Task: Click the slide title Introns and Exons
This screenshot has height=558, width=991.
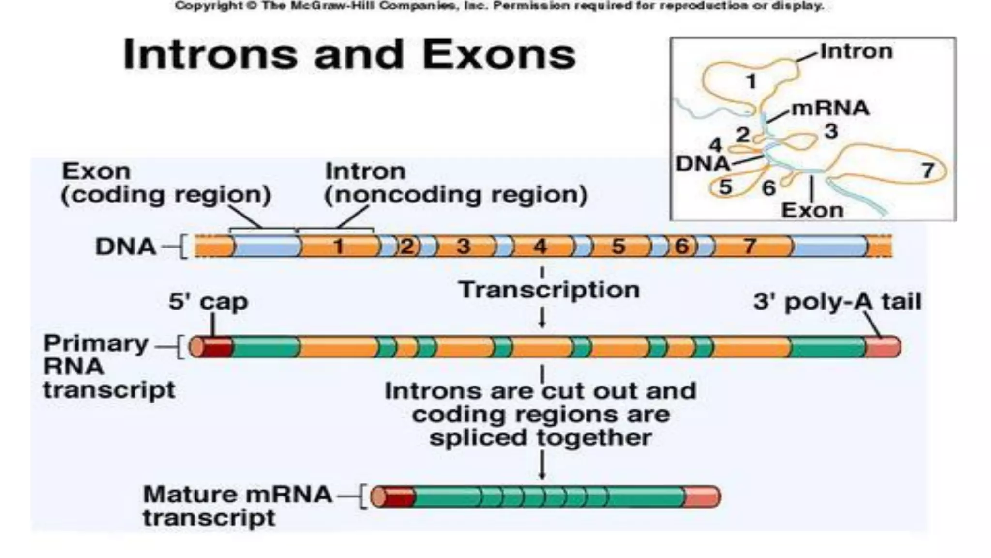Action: tap(349, 54)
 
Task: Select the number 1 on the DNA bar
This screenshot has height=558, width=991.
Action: tap(338, 247)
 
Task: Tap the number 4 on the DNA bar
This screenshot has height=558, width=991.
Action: tap(540, 247)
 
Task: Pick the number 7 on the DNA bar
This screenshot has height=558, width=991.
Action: tap(749, 247)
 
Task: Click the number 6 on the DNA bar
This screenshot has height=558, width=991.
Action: tap(682, 247)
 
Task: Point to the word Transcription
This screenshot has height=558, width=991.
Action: tap(549, 290)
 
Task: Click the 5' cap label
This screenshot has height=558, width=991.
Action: tap(208, 301)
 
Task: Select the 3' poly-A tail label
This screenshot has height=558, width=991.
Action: tap(837, 301)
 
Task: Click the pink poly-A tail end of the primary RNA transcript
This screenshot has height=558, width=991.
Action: tap(882, 347)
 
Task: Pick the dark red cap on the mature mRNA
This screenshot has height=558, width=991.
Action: tap(400, 497)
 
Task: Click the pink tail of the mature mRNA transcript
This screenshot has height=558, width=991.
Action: tap(702, 497)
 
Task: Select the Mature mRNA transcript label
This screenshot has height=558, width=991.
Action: tap(237, 506)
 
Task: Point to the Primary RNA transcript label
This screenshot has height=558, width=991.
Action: tap(109, 366)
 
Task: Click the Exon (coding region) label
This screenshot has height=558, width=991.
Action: tap(165, 183)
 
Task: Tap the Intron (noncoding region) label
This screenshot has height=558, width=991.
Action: tap(456, 183)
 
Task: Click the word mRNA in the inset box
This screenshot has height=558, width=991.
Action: tap(830, 108)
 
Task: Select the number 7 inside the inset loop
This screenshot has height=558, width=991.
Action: tap(927, 170)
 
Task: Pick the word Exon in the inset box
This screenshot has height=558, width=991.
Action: tap(812, 210)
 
